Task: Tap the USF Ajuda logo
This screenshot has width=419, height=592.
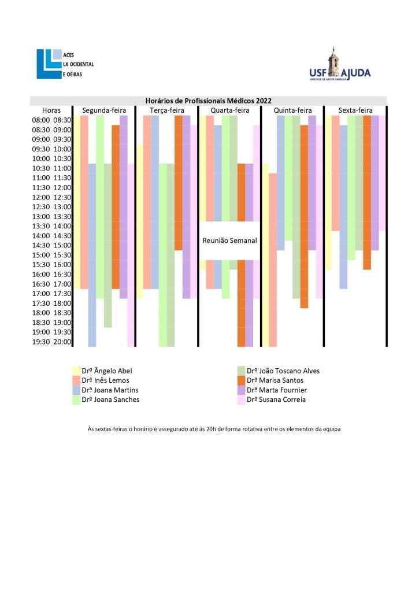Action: pyautogui.click(x=339, y=65)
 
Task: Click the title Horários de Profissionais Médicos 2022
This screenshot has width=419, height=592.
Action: pyautogui.click(x=208, y=101)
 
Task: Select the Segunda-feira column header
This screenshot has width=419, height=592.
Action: pyautogui.click(x=103, y=110)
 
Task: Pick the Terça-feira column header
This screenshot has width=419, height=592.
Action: pyautogui.click(x=166, y=110)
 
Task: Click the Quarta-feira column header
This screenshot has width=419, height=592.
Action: pyautogui.click(x=229, y=110)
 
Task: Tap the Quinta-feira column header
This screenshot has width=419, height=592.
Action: pyautogui.click(x=292, y=110)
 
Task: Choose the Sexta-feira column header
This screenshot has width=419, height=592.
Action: pyautogui.click(x=355, y=110)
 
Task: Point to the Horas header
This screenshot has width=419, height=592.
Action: pyautogui.click(x=51, y=110)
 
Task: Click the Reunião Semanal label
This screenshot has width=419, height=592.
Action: pyautogui.click(x=229, y=240)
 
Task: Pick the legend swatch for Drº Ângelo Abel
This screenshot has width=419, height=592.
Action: pyautogui.click(x=76, y=371)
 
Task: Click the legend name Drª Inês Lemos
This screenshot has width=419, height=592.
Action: pyautogui.click(x=105, y=380)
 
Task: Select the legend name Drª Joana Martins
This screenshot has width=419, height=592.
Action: pyautogui.click(x=110, y=390)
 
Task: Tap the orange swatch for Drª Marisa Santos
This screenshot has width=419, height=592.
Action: pyautogui.click(x=242, y=380)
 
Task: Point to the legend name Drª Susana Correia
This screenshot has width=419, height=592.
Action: pyautogui.click(x=276, y=399)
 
